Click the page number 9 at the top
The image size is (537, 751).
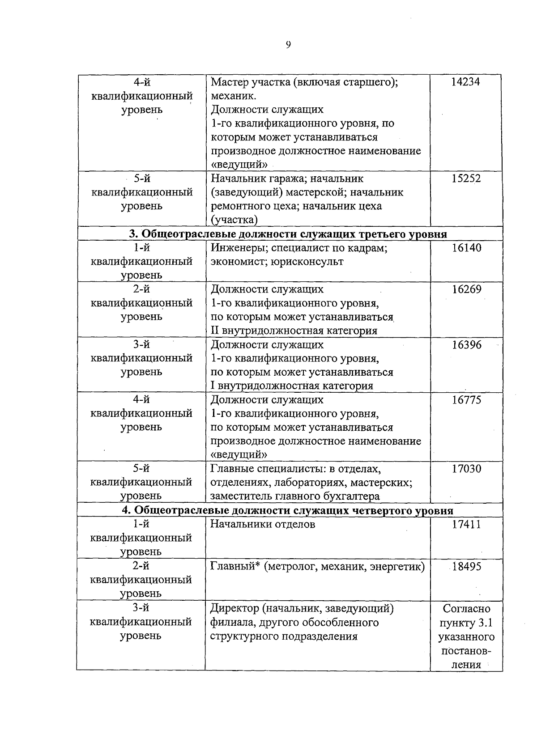pyautogui.click(x=288, y=44)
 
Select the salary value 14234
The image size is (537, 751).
pyautogui.click(x=466, y=82)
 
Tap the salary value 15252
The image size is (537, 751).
pyautogui.click(x=466, y=178)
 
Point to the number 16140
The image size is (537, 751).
pyautogui.click(x=466, y=248)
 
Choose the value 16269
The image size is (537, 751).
pyautogui.click(x=466, y=289)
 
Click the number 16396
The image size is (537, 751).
pyautogui.click(x=466, y=344)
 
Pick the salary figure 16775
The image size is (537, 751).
pyautogui.click(x=466, y=400)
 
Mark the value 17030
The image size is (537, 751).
pyautogui.click(x=466, y=469)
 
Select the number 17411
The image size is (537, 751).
pyautogui.click(x=466, y=524)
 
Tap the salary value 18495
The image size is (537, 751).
pyautogui.click(x=466, y=566)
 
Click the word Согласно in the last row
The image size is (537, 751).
pyautogui.click(x=466, y=608)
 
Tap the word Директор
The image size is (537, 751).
pyautogui.click(x=234, y=608)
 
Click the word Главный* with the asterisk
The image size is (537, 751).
pyautogui.click(x=235, y=567)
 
